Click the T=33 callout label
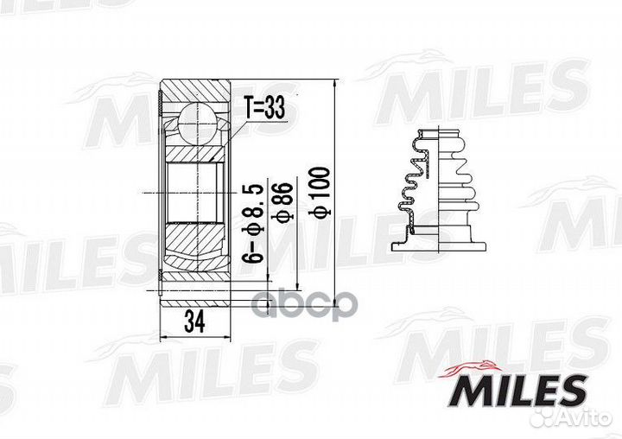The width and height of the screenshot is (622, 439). coord(263,109)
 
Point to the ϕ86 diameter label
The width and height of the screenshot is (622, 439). coord(282,207)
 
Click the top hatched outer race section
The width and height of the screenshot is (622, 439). coord(197,91)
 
